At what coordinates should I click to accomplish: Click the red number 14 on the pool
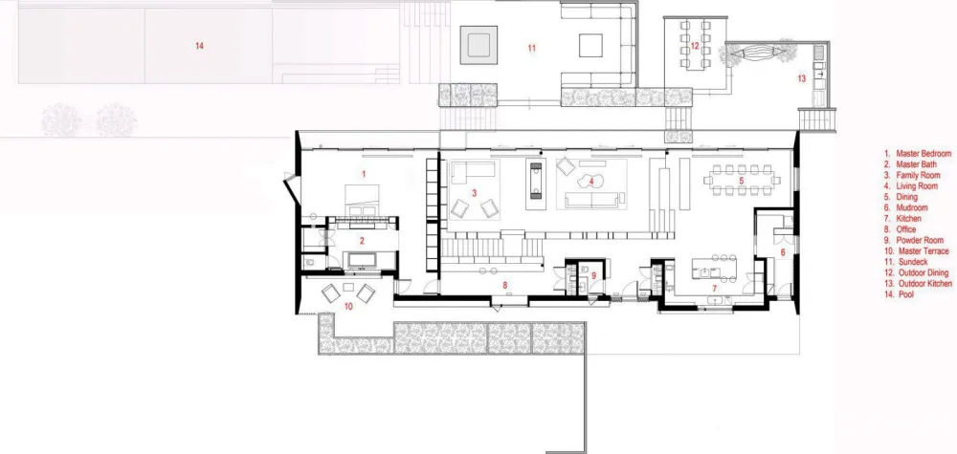click(x=199, y=46)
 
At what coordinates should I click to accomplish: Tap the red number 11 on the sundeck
click(x=531, y=46)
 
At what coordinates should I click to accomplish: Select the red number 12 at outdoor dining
click(x=696, y=45)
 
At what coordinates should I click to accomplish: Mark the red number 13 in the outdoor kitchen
click(x=802, y=78)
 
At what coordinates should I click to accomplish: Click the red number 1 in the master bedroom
click(x=364, y=173)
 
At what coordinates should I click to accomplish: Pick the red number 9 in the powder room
click(x=593, y=275)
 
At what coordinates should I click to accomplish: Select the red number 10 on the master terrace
click(x=348, y=306)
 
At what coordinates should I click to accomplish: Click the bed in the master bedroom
click(x=361, y=205)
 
